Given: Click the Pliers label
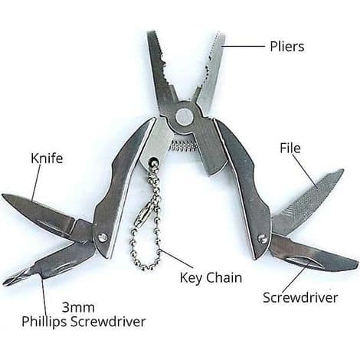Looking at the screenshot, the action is (287, 47).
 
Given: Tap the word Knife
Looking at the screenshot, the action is (47, 159).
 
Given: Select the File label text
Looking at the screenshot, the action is (290, 148).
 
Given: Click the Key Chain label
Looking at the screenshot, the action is (211, 278).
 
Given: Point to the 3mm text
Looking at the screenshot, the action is (78, 307).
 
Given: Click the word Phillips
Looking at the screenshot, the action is (44, 322).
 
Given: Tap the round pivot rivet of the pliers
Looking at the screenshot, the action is (185, 116).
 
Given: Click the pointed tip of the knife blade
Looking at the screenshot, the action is (3, 195).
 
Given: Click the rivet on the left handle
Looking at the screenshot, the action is (103, 237).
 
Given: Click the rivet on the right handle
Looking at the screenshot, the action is (262, 238).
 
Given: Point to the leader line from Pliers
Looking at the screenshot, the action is (243, 46).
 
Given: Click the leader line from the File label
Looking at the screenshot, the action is (306, 171).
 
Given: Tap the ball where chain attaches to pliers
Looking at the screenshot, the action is (153, 161).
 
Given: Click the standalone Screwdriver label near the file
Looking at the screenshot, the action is (300, 298).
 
